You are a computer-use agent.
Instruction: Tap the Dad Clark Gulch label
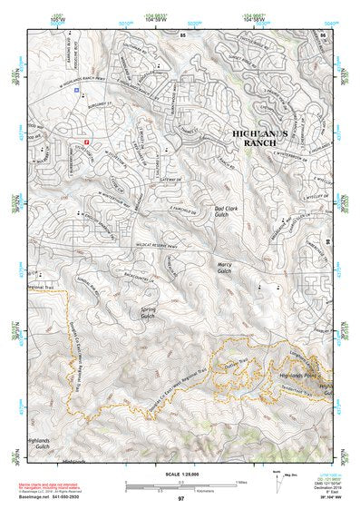tap(226, 213)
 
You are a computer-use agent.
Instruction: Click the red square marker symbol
tap(87, 142)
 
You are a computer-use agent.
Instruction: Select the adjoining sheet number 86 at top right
tap(323, 34)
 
